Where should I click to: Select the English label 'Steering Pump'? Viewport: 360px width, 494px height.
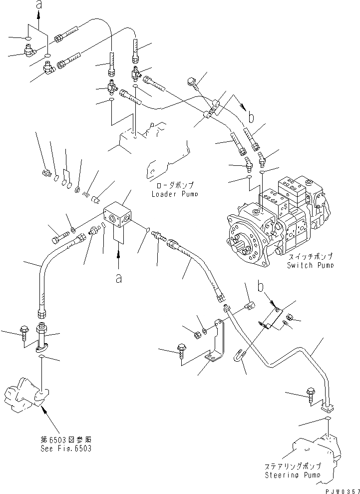[294, 474]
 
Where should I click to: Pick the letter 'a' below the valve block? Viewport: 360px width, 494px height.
[119, 279]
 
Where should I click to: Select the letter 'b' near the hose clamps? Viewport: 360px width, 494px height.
[251, 118]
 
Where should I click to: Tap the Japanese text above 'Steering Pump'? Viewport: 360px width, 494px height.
[294, 466]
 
